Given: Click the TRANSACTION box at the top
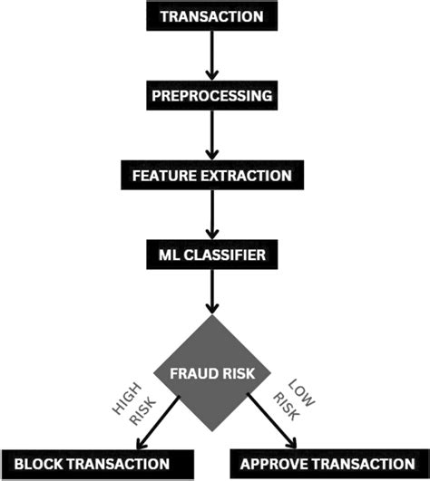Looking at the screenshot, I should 211,15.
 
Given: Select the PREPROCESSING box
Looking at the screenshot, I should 211,94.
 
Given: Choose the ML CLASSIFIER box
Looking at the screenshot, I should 211,255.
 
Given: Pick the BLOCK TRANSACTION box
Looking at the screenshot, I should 98,465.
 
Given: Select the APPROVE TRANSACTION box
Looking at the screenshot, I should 325,465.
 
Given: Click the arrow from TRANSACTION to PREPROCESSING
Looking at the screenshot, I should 211,54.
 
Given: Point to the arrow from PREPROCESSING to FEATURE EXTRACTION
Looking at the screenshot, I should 211,133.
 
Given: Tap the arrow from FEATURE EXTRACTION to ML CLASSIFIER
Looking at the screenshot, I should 211,214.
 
